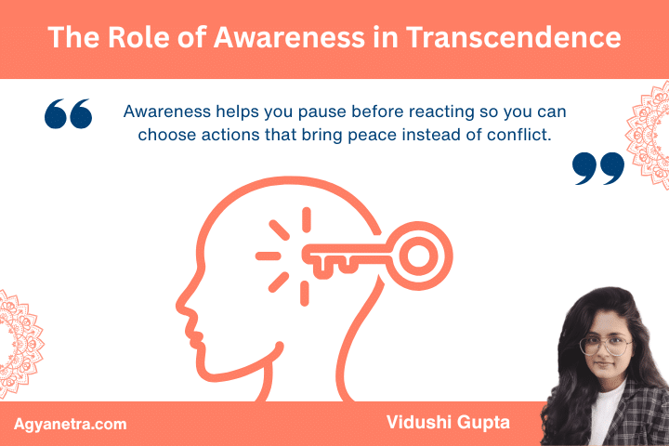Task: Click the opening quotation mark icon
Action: coord(69,114)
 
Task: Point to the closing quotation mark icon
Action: coord(597,167)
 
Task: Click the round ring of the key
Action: coord(420,253)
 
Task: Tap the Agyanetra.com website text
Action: coord(71,425)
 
